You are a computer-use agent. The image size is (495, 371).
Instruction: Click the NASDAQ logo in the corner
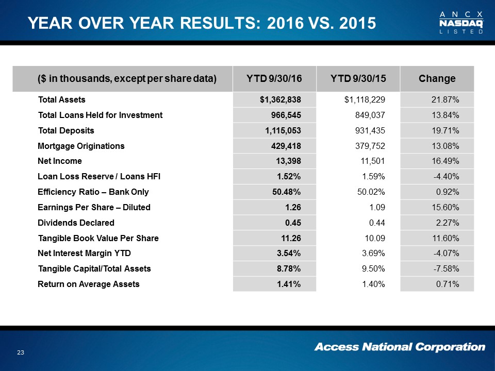461,22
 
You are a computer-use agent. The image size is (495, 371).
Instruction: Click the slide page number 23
21,352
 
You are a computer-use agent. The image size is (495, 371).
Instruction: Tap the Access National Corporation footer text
400,347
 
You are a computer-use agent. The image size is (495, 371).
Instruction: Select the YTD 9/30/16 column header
274,79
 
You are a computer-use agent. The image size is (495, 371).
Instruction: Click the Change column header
437,79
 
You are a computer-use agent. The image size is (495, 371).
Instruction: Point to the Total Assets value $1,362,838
280,99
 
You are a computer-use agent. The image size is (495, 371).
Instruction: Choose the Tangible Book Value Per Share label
98,239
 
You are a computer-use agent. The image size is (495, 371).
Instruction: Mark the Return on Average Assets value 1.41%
290,284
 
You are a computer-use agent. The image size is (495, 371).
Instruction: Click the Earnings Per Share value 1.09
376,208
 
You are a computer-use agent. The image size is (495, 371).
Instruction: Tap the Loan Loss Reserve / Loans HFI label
99,177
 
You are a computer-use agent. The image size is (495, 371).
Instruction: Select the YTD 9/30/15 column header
358,79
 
